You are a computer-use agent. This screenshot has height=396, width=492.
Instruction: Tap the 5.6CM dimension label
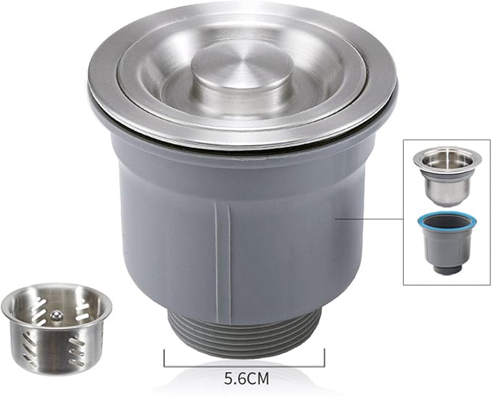246,379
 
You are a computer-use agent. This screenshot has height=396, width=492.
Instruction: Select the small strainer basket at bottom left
57,329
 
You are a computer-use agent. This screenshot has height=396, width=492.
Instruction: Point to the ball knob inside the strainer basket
57,316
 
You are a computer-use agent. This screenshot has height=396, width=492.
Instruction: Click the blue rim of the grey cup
447,222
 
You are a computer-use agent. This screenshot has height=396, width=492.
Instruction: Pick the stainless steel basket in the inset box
447,176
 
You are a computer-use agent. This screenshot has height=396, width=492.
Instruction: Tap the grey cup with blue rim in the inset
447,243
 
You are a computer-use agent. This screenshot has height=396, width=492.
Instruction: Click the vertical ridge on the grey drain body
223,264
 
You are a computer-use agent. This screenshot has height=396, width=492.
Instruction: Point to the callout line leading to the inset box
370,219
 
